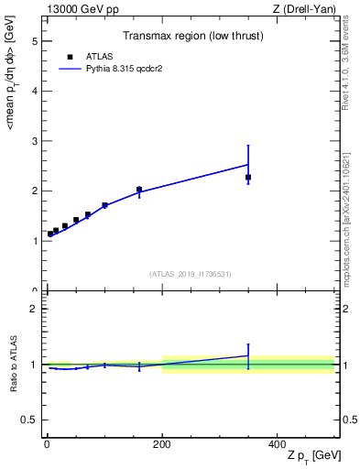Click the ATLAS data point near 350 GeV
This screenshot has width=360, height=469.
[248, 177]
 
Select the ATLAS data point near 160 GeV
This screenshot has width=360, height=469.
[139, 190]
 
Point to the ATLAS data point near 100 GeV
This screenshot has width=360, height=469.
[104, 205]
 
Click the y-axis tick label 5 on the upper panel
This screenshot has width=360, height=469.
[34, 41]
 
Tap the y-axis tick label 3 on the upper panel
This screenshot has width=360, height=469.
[34, 141]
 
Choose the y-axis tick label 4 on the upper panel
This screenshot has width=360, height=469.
[34, 92]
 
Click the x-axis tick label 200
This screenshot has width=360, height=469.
[162, 444]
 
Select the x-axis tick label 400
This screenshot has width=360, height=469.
[277, 444]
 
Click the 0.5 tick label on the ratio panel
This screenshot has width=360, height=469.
[29, 420]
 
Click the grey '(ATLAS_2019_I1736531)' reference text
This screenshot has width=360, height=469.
[191, 274]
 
